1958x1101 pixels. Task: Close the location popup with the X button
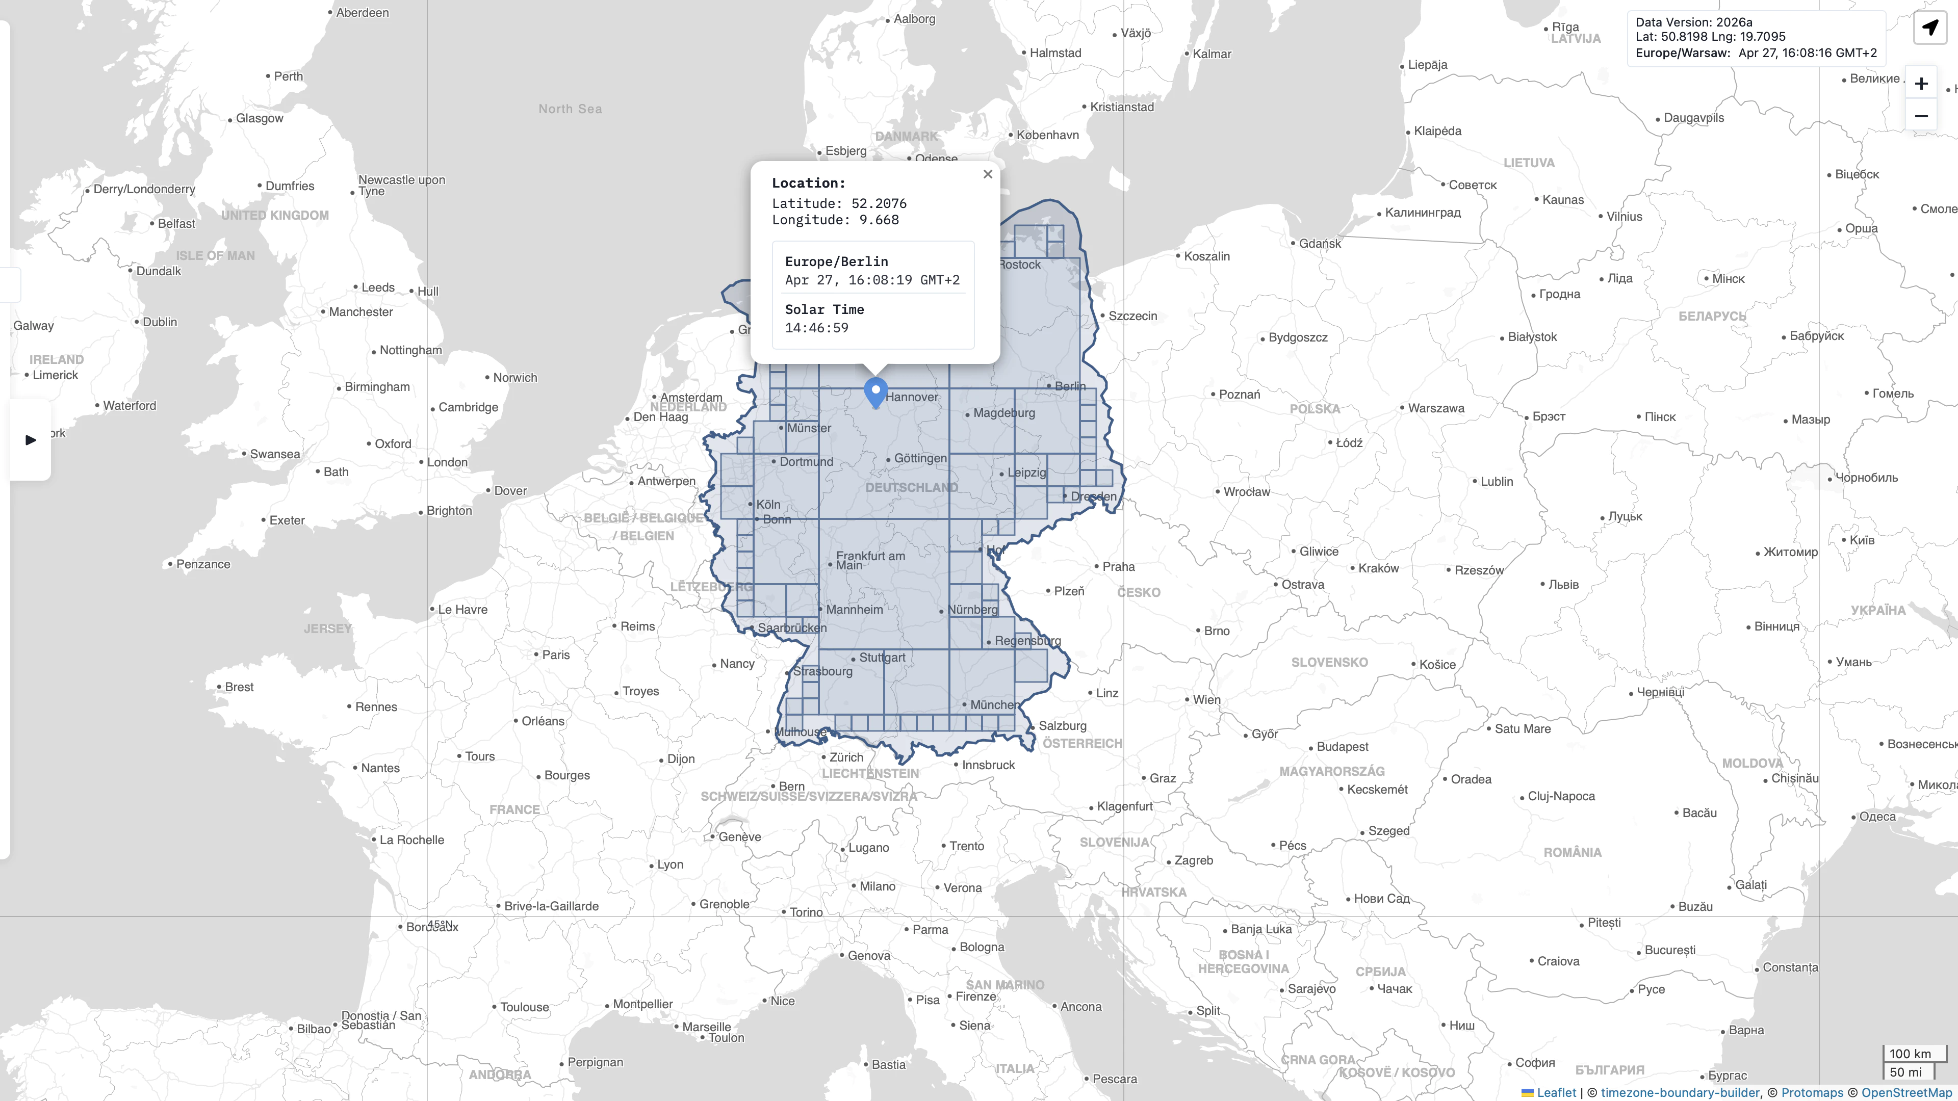(987, 174)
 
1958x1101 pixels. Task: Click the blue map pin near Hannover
(875, 392)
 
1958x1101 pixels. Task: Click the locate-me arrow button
(1930, 28)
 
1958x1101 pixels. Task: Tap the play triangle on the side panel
(31, 440)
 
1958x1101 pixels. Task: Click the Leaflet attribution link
(1555, 1092)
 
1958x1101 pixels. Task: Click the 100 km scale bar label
(1910, 1053)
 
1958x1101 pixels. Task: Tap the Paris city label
(556, 654)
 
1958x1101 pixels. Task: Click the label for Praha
(1118, 566)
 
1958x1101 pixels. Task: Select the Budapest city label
(1343, 747)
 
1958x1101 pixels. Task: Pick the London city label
(447, 462)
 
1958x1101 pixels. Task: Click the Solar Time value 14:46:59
(816, 327)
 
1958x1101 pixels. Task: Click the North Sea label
(570, 109)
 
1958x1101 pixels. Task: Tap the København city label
(1047, 135)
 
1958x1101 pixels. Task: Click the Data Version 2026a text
(1693, 22)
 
